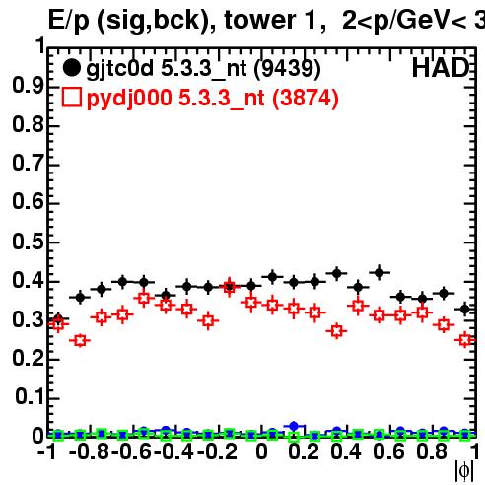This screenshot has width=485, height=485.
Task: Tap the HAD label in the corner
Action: click(441, 68)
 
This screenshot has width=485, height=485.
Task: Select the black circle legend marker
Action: click(71, 68)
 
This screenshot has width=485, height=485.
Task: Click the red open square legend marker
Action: click(71, 97)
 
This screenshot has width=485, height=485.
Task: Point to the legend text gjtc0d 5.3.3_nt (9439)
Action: click(203, 69)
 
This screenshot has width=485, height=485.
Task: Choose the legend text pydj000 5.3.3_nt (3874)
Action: click(213, 99)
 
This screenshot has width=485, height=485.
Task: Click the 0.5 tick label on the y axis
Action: click(28, 242)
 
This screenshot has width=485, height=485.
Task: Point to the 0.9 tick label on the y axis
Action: click(28, 86)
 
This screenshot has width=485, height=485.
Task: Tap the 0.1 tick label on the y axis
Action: click(30, 397)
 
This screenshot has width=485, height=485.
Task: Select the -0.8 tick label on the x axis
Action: click(90, 451)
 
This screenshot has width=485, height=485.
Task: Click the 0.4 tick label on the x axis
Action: click(346, 451)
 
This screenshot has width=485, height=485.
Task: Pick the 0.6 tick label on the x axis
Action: click(388, 451)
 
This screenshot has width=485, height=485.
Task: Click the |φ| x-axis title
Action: click(464, 471)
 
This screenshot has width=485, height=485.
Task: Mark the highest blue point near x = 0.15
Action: click(294, 427)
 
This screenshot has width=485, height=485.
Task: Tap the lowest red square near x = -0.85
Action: click(80, 340)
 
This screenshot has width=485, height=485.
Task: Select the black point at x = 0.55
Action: click(380, 272)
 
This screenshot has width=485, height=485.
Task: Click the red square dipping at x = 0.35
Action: click(336, 331)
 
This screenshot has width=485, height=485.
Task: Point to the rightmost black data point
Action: click(464, 309)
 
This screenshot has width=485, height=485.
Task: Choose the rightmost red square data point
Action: click(465, 340)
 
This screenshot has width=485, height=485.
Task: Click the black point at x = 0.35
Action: click(336, 273)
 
